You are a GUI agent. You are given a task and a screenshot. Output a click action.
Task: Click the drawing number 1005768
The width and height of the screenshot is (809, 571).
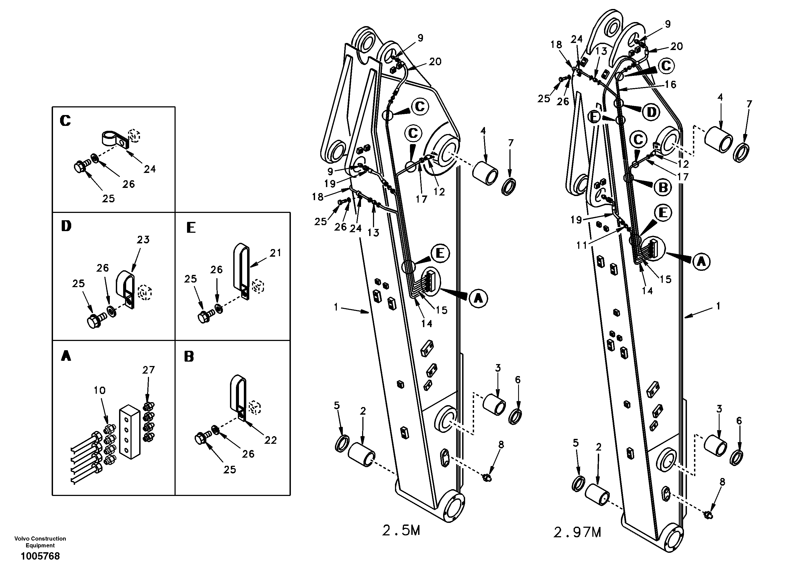coord(40,556)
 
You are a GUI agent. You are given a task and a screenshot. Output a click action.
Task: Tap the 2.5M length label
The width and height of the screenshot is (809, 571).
coord(401,530)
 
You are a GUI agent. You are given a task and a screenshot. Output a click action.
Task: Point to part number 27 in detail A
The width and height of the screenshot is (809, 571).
coord(148,370)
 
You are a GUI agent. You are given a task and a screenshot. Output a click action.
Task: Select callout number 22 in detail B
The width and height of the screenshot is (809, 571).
coord(270,440)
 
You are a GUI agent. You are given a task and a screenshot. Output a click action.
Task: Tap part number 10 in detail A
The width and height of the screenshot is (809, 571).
coord(100,390)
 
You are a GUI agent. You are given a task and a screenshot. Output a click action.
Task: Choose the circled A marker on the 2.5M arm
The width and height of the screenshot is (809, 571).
coord(478,299)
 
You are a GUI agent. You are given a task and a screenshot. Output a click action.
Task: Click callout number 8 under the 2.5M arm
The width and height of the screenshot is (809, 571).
coord(501,445)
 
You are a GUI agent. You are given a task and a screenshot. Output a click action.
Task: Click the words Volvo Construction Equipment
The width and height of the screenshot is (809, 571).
coord(40,542)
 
